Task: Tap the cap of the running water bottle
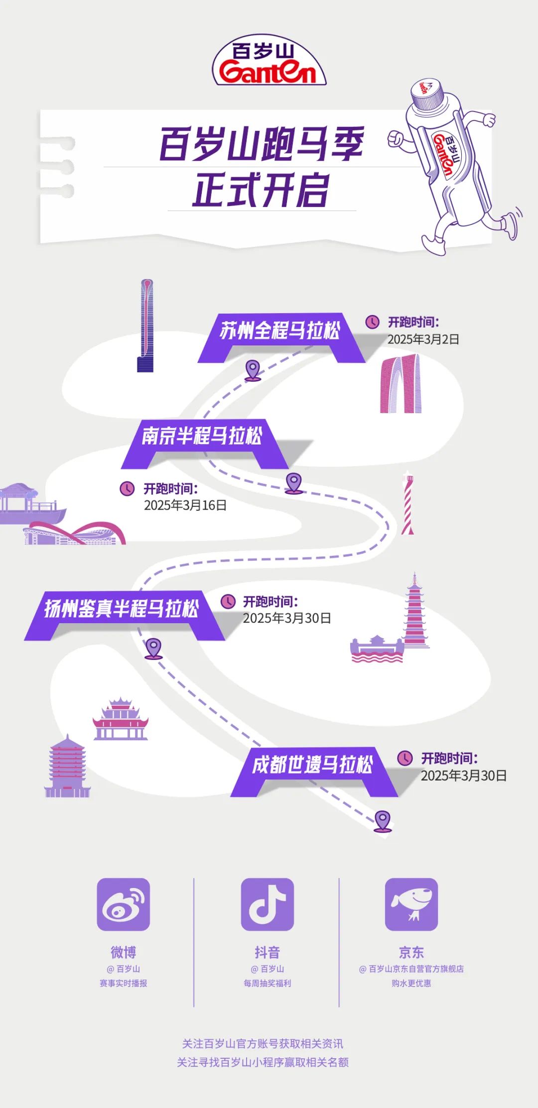click(427, 93)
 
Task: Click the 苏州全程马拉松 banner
click(280, 331)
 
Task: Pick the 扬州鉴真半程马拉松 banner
click(122, 609)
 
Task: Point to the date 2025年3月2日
click(423, 339)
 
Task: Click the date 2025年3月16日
click(185, 506)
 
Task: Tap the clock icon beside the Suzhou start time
click(373, 322)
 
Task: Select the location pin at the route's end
click(383, 820)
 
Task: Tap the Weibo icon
click(123, 904)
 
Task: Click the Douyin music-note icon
click(268, 904)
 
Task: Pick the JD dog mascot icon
click(411, 904)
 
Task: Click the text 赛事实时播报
click(123, 983)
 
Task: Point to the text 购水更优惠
click(411, 983)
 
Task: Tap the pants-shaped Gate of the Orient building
click(401, 384)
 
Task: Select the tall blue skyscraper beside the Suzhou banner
click(146, 326)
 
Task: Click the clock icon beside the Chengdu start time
click(405, 758)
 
